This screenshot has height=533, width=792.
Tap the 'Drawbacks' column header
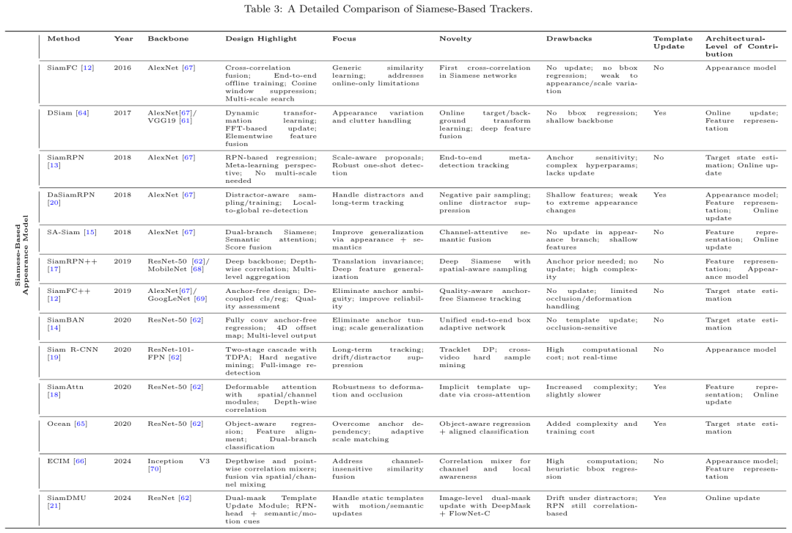tap(565, 38)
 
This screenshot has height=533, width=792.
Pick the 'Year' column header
tap(123, 38)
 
